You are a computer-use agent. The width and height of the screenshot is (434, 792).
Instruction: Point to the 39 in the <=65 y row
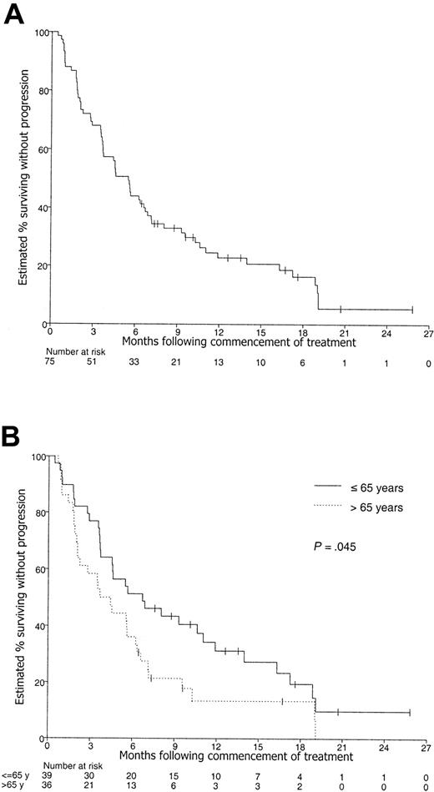[48, 775]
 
